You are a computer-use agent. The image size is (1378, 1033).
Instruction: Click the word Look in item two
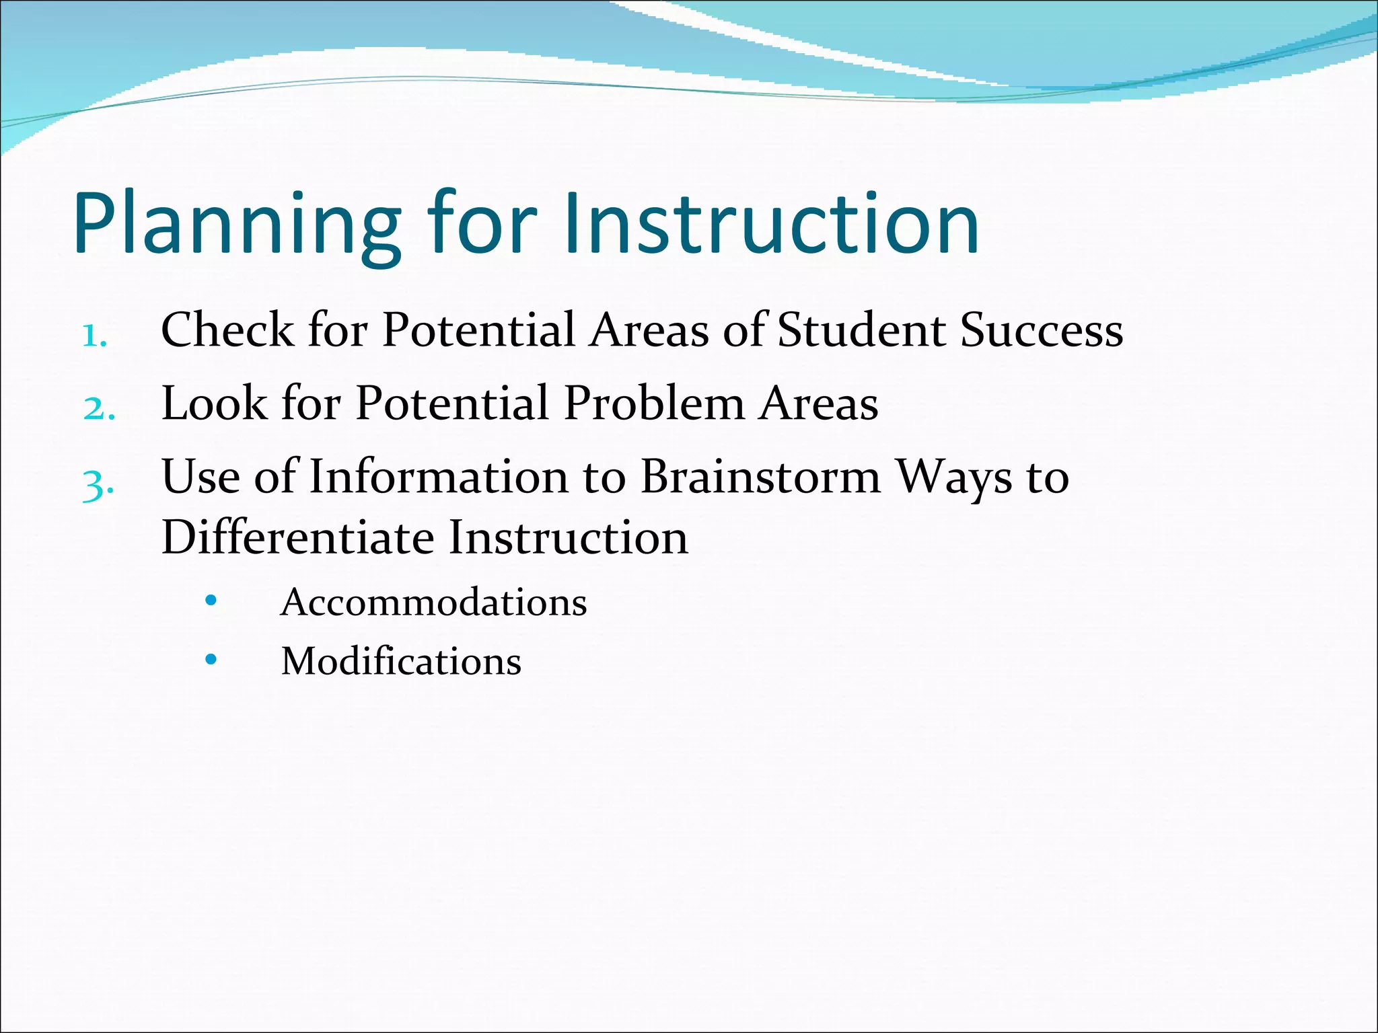pyautogui.click(x=214, y=404)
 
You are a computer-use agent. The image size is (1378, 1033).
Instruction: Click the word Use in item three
pyautogui.click(x=201, y=477)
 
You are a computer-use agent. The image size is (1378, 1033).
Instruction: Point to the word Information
pyautogui.click(x=439, y=477)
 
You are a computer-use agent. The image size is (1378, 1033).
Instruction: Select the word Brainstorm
pyautogui.click(x=760, y=477)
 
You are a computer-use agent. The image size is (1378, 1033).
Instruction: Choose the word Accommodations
pyautogui.click(x=434, y=602)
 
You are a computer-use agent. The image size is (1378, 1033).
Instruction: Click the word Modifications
pyautogui.click(x=401, y=661)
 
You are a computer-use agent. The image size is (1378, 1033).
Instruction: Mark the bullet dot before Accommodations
pyautogui.click(x=211, y=600)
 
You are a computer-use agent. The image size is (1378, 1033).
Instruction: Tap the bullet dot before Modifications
pyautogui.click(x=211, y=659)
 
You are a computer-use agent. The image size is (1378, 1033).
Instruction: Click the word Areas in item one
pyautogui.click(x=649, y=330)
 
